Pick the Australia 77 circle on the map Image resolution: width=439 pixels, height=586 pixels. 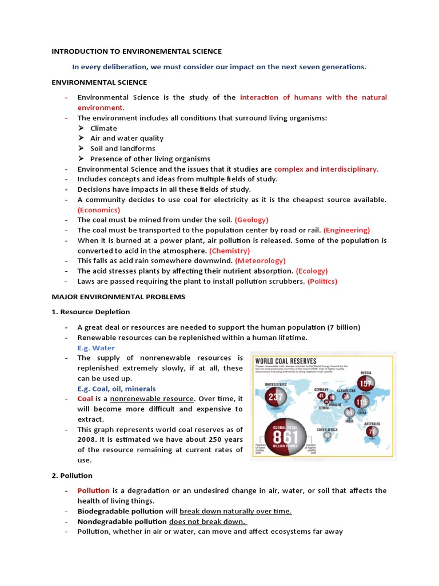point(373,431)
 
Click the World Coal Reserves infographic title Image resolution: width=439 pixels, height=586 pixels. point(284,361)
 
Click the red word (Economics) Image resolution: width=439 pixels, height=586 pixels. point(99,209)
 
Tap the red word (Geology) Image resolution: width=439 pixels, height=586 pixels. point(252,220)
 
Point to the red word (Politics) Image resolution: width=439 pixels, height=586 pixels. point(322,281)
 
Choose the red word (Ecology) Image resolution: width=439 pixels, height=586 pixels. point(312,271)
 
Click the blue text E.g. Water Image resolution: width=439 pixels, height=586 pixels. point(96,348)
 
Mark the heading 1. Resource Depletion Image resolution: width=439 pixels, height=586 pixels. point(91,312)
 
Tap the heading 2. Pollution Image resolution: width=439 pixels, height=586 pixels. point(72,476)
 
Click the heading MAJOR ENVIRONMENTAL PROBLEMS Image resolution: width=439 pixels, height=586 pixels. point(118,297)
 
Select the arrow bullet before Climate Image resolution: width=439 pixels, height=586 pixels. point(81,128)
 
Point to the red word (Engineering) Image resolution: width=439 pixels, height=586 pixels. point(346,230)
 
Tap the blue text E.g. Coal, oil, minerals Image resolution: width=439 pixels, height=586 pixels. point(117,389)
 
